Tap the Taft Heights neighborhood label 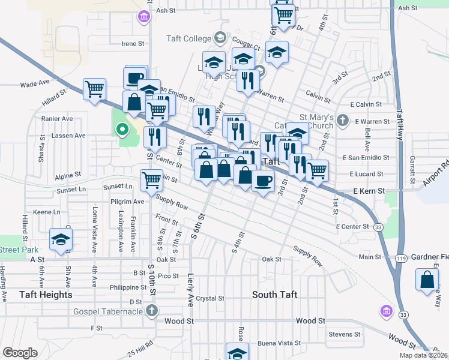click(x=46, y=295)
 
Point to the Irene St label click(x=133, y=44)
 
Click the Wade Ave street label click(x=34, y=85)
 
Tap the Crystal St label click(x=210, y=298)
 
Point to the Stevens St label click(x=344, y=334)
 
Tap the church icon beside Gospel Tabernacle click(x=152, y=310)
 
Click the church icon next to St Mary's click(x=342, y=120)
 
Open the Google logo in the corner click(x=20, y=353)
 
